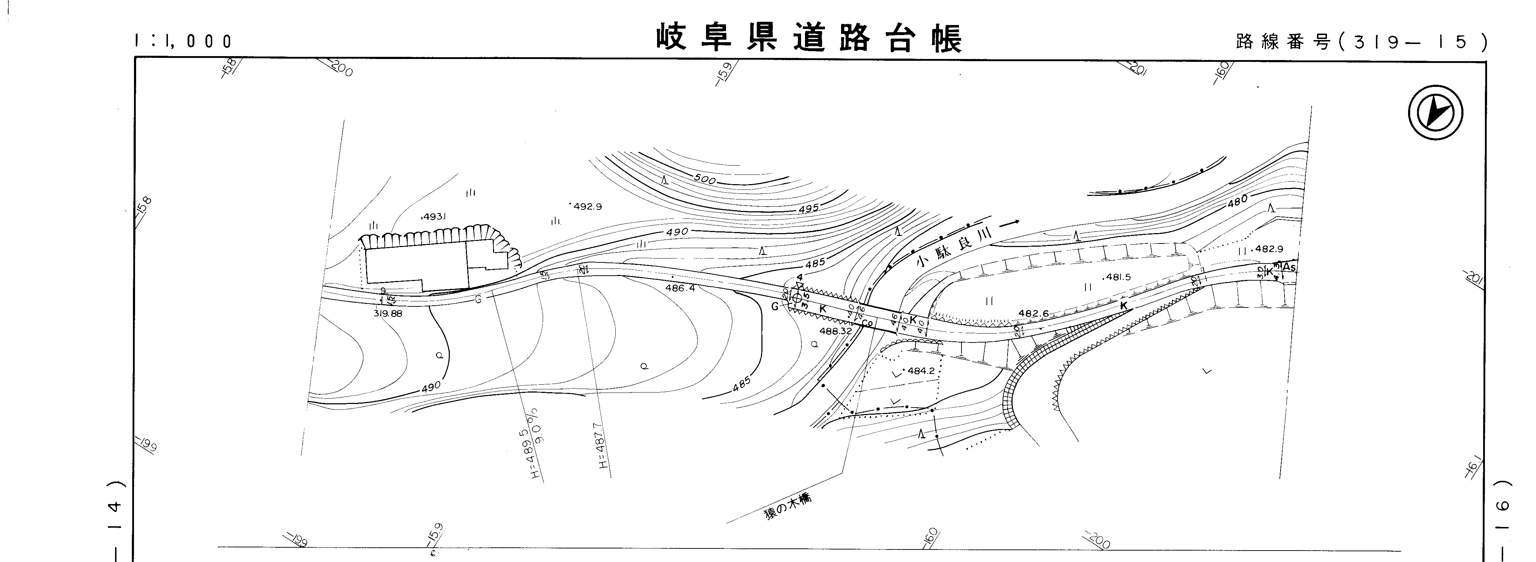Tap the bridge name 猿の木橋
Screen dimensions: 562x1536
pyautogui.click(x=788, y=508)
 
